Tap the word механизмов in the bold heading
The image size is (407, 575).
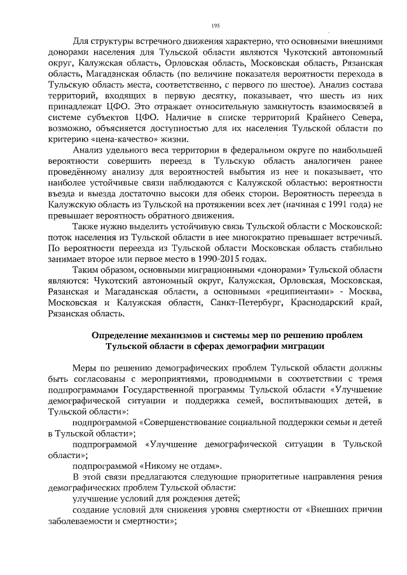click(x=193, y=335)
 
